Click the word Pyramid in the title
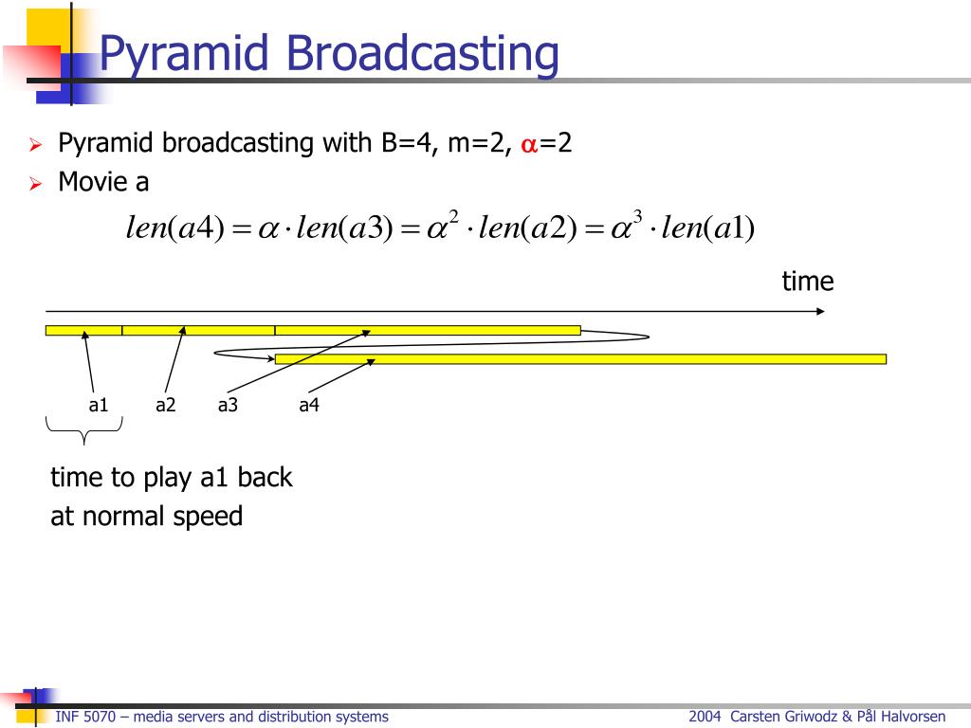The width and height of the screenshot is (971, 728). tap(181, 54)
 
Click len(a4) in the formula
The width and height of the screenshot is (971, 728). tap(174, 228)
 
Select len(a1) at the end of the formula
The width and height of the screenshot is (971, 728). tap(707, 228)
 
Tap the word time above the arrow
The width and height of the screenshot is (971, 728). tap(807, 282)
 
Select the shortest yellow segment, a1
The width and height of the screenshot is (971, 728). tap(83, 330)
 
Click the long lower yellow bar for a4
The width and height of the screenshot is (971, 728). tap(580, 358)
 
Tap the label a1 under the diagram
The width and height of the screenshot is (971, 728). tap(99, 406)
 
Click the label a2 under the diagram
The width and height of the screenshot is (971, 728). tap(166, 406)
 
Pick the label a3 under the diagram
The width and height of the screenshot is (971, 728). tap(228, 406)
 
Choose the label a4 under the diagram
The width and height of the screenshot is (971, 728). tap(309, 406)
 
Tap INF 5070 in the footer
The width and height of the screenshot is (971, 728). tap(85, 717)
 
